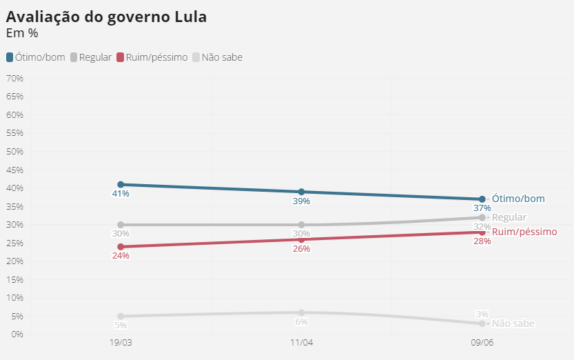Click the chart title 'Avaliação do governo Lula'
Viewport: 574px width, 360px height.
pos(106,17)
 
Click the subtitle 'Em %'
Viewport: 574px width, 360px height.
pos(21,32)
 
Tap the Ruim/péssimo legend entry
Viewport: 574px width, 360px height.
pos(152,57)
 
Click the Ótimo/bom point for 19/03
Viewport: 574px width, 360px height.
pos(121,185)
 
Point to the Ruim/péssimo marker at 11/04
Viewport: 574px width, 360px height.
pos(301,239)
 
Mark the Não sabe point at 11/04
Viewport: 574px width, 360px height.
pos(301,312)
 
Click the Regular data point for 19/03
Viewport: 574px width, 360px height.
pos(121,225)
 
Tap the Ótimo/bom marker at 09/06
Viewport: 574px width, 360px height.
pos(482,199)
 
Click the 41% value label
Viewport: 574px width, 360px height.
pos(121,194)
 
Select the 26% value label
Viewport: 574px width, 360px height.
pos(301,249)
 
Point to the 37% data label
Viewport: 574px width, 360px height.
pos(482,208)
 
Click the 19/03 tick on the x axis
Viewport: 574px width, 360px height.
pos(121,343)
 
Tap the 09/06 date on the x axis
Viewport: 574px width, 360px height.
pos(482,343)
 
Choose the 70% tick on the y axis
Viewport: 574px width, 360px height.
pos(14,79)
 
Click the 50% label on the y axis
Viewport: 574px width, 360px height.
pos(14,152)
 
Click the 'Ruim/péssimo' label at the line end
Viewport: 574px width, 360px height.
pos(524,232)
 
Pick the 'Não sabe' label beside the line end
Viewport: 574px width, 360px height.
pos(513,323)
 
